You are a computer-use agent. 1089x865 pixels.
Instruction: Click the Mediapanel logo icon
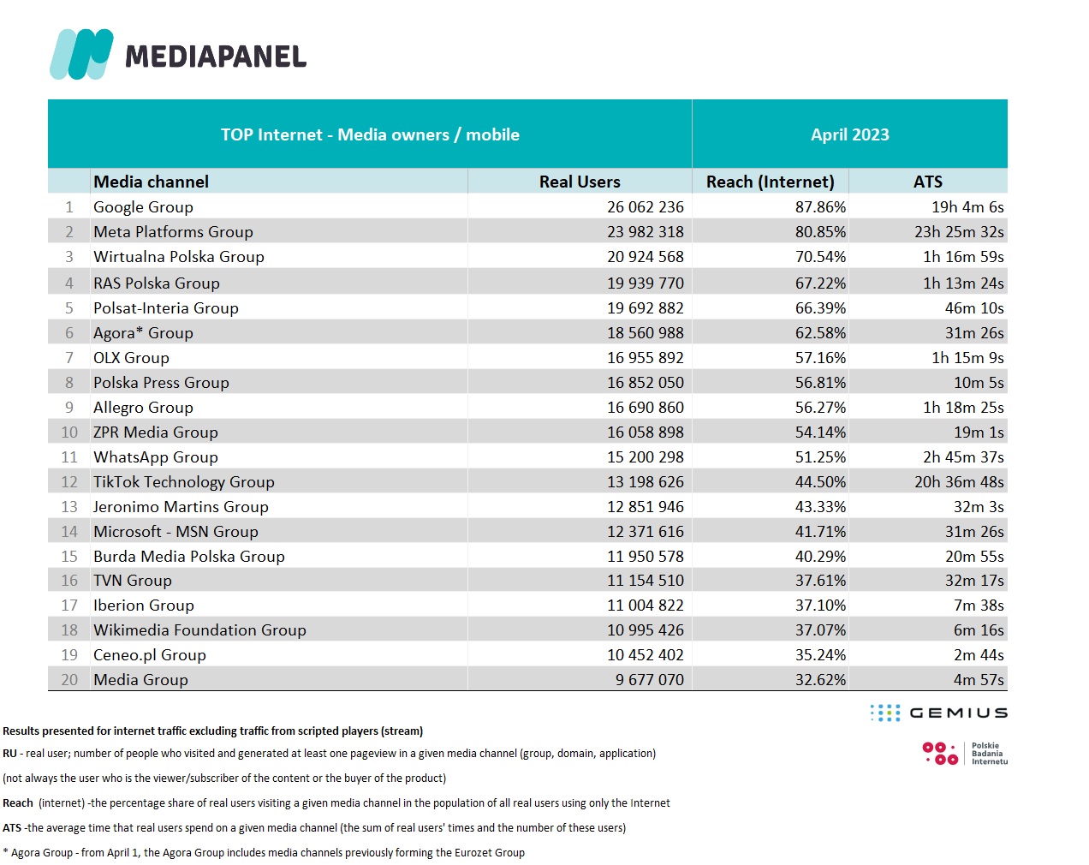coord(81,54)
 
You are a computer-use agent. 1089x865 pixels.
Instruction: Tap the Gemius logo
coord(939,713)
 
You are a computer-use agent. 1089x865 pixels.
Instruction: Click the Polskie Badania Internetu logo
coord(965,753)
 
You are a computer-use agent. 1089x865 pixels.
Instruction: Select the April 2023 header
coord(849,134)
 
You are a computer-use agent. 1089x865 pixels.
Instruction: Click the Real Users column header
coord(580,182)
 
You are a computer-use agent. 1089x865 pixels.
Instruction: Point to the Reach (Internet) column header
coord(770,182)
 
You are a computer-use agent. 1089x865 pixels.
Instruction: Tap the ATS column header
coord(927,182)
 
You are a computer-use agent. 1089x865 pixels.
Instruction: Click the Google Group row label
coord(143,207)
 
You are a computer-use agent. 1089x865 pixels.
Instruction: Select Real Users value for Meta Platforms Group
coord(646,232)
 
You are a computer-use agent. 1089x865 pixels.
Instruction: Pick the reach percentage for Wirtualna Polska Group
coord(820,257)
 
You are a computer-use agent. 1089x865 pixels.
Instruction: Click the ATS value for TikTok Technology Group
coord(959,482)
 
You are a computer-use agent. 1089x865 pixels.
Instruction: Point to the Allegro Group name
coord(143,408)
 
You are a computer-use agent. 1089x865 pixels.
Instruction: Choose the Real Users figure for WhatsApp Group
coord(646,457)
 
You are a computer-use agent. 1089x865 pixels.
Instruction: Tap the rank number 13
coord(69,507)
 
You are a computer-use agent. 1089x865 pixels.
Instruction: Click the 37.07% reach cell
coord(820,630)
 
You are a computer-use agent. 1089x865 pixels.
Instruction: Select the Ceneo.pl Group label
coord(150,655)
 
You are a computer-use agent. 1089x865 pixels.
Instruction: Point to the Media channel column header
coord(151,182)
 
